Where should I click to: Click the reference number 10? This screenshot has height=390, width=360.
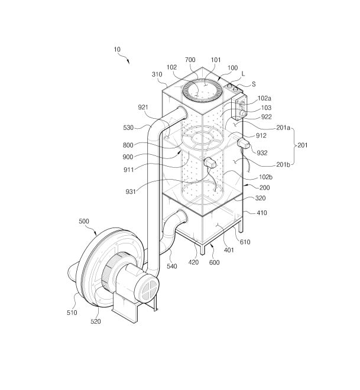(117, 50)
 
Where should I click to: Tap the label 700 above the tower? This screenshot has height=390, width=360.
(190, 60)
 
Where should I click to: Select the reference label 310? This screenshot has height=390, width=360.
(157, 74)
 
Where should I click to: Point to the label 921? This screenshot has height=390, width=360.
(143, 107)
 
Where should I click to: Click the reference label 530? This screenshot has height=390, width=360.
(128, 128)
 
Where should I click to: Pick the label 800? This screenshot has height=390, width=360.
(128, 145)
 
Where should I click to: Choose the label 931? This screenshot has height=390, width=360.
(131, 191)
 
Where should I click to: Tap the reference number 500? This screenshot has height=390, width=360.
(84, 221)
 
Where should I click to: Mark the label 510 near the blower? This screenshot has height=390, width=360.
(72, 313)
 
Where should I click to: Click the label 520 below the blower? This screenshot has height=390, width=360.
(96, 321)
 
